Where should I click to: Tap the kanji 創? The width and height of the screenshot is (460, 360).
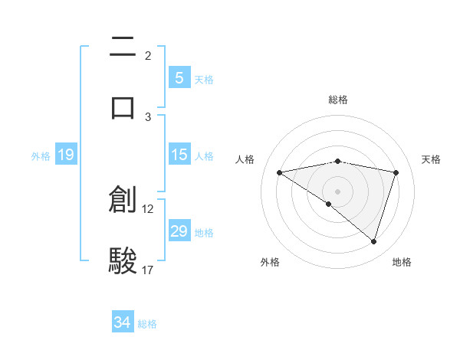tap(123, 200)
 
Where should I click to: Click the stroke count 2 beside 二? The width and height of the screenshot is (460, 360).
tap(148, 56)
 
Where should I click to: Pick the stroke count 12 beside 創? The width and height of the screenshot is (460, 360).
tap(148, 208)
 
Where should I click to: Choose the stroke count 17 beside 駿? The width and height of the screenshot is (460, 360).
tap(148, 270)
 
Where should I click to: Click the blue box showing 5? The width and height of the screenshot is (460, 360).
tap(179, 77)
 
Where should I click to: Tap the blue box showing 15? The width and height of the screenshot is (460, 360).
tap(179, 155)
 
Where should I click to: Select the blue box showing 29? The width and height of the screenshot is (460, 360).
tap(179, 231)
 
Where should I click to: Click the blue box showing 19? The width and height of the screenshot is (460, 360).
tap(65, 155)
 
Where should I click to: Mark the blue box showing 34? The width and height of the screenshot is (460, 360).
tap(122, 322)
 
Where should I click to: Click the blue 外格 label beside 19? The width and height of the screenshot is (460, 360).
tap(41, 156)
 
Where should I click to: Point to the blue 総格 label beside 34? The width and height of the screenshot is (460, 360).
tap(147, 324)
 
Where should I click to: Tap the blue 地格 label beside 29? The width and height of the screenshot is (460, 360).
tap(205, 233)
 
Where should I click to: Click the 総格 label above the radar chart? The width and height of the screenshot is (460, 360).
tap(338, 100)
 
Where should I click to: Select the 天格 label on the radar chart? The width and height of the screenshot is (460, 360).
tap(432, 159)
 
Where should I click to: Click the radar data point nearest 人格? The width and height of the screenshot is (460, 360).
tap(279, 172)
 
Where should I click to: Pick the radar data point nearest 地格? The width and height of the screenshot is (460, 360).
tap(373, 241)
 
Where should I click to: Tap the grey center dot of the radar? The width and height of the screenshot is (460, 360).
tap(337, 191)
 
